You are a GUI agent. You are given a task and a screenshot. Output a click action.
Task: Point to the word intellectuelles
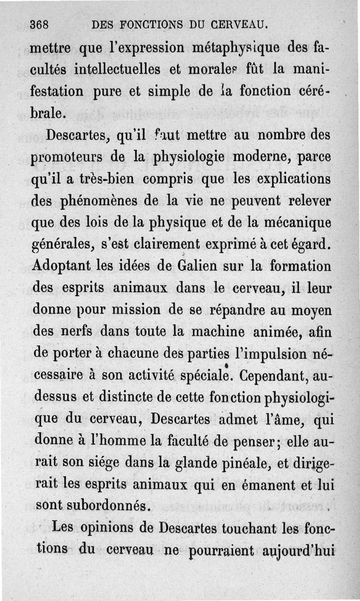117,70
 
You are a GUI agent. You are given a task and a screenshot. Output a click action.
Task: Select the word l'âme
279,420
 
